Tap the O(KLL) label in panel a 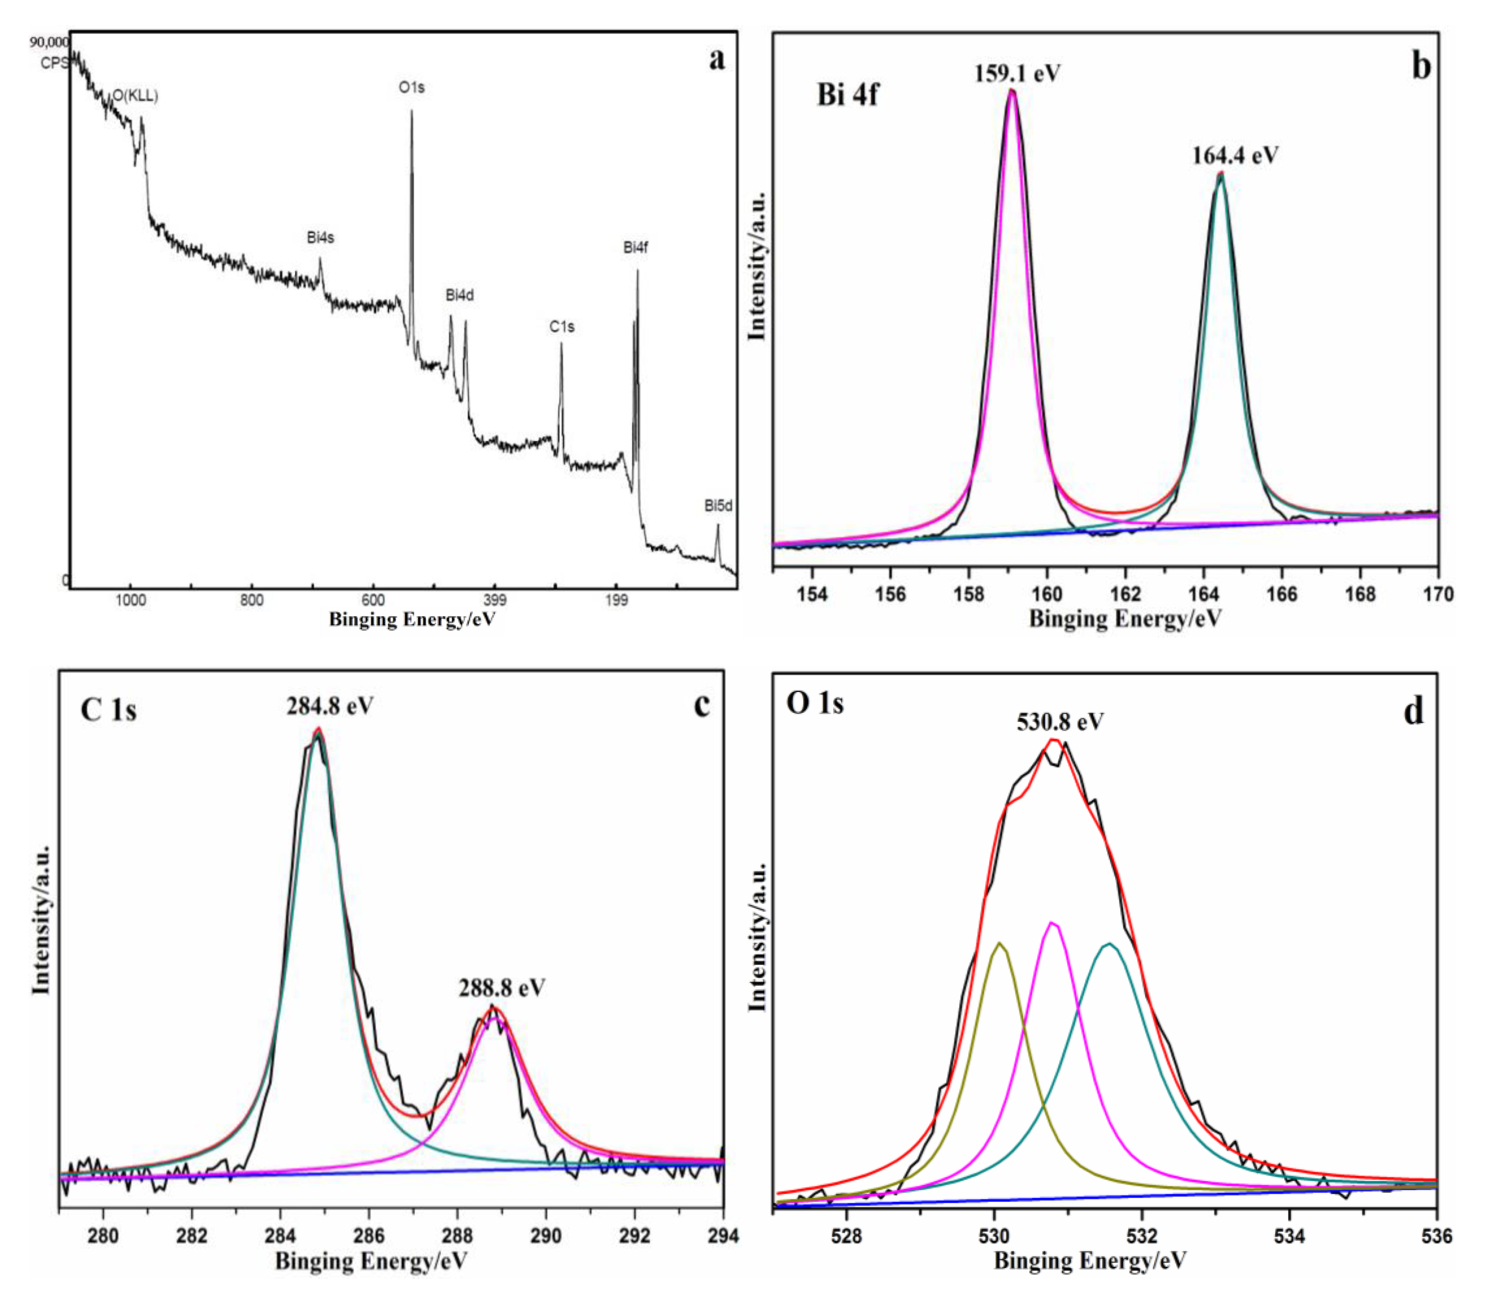134,96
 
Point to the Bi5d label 718,506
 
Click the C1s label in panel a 562,327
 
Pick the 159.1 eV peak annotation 1017,74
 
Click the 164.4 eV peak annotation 1235,156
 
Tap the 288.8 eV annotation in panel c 502,988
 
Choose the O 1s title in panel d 815,703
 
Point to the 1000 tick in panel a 130,600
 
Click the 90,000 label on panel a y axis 49,42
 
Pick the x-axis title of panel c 371,1261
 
